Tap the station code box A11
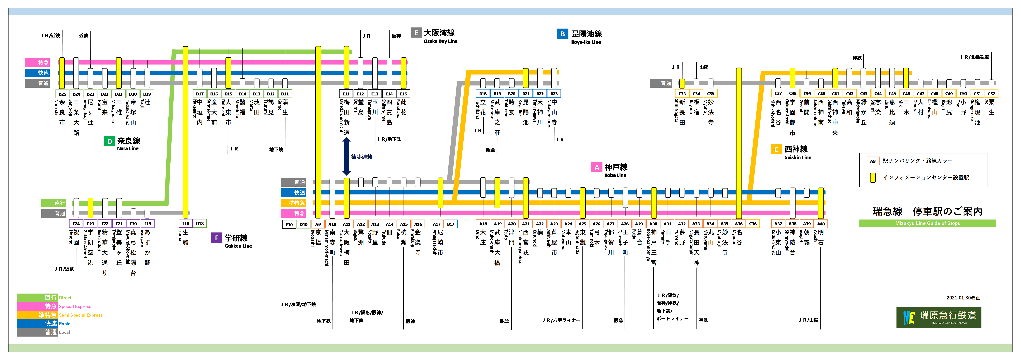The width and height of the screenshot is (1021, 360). point(346,224)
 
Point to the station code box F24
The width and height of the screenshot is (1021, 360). point(76,224)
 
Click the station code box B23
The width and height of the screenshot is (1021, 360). point(554,94)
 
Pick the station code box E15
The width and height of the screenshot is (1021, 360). point(403,94)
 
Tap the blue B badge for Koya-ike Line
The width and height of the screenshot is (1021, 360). point(562,34)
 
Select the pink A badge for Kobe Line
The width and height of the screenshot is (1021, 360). point(596,167)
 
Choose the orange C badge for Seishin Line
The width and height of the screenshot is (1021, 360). point(776,149)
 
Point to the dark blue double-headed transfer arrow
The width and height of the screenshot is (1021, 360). point(346,156)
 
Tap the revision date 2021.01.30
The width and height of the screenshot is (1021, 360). point(963,298)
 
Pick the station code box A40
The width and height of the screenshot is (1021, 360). point(821,224)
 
